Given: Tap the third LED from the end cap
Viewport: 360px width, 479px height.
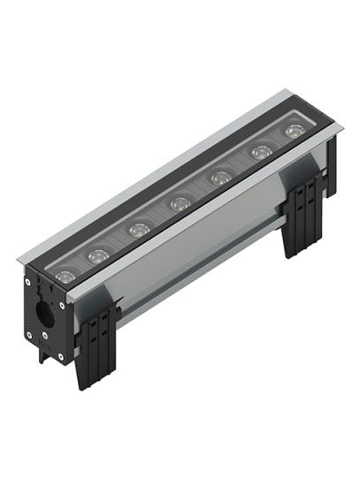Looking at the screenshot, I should coord(137,230).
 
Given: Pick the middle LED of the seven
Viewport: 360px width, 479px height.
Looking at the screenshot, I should coord(179,204).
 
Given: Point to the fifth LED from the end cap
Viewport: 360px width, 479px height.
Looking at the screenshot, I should coord(218,179).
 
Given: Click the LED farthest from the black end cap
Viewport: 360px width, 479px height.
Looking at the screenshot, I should coord(293,132).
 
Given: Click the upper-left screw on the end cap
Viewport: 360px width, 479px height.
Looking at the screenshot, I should coord(28,283).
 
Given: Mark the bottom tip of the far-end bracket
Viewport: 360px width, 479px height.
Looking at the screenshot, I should coord(297,255).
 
